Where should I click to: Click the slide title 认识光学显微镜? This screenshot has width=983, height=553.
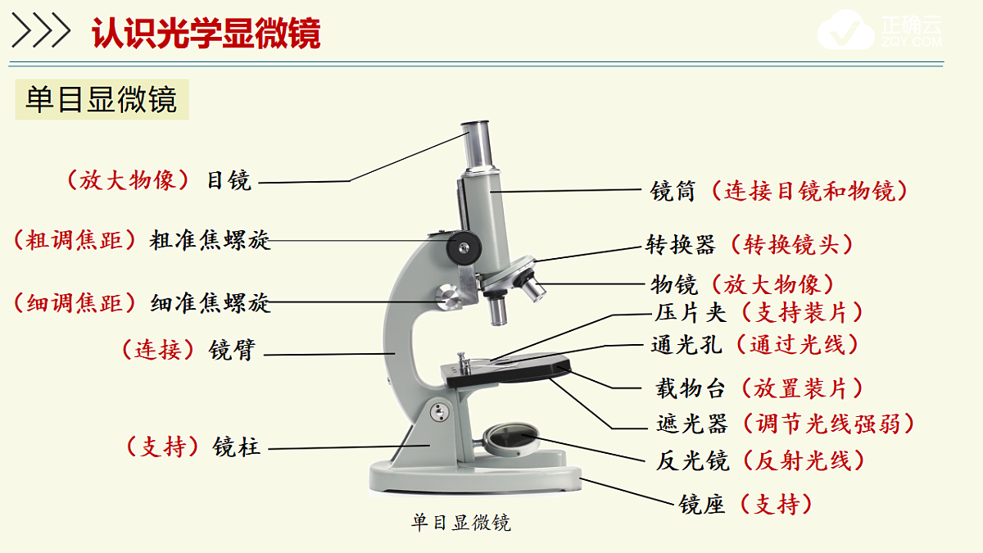[206, 33]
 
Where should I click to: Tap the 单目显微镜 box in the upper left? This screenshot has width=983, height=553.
[102, 99]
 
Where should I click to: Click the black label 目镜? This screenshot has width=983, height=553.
[229, 180]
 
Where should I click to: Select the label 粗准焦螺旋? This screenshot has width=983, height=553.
[210, 240]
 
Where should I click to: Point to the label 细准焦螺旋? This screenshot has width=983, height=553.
[210, 303]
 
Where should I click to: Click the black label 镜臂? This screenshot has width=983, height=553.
[232, 350]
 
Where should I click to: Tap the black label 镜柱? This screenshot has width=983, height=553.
[237, 446]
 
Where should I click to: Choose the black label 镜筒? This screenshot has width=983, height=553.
[673, 191]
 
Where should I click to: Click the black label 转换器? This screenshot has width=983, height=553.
[681, 244]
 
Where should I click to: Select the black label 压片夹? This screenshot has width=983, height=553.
[691, 313]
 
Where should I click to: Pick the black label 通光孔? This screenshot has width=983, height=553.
[686, 345]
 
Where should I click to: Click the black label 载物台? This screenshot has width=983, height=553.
[691, 388]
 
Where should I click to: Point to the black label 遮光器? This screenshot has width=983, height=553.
[692, 424]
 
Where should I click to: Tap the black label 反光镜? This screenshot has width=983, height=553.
[692, 460]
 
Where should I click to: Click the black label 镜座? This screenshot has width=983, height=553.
[702, 505]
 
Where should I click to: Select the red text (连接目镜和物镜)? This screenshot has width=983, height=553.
[809, 191]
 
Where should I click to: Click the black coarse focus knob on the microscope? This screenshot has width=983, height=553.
[464, 248]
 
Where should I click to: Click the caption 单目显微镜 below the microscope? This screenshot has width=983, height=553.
[461, 523]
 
